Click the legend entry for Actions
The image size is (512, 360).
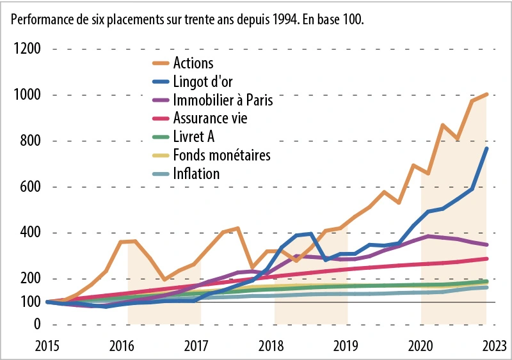coord(193,63)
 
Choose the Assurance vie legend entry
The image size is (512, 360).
coord(210,118)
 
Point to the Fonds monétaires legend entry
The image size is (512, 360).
coord(221,155)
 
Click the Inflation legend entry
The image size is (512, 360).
coord(196,174)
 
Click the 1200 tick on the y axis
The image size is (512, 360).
coord(27,49)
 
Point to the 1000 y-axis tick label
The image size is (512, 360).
coord(27,95)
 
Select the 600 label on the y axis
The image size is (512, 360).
coord(30,187)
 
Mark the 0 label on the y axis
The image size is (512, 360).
coord(37,325)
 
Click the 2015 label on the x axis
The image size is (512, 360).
coord(48,347)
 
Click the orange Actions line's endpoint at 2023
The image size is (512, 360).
coord(487,95)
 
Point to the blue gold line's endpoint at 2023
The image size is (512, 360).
coord(487,148)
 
